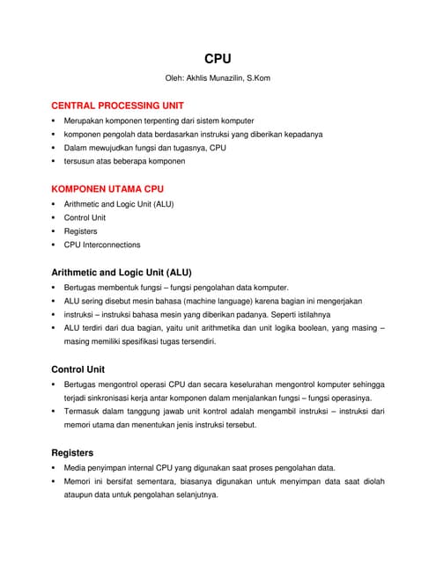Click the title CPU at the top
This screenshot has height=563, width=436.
(218, 59)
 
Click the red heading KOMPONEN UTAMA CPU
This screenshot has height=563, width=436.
(107, 188)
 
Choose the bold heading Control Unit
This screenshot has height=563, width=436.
(78, 369)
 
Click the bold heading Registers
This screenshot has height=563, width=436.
(73, 452)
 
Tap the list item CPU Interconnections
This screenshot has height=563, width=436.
(101, 245)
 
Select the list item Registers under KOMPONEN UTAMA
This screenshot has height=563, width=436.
(80, 231)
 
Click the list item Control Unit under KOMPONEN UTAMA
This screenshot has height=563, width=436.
(85, 217)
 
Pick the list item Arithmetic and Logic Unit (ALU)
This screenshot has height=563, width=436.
(119, 204)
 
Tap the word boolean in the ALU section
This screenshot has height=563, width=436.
(300, 327)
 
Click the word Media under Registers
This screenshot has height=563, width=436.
(76, 467)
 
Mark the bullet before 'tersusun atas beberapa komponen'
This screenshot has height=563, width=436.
(54, 161)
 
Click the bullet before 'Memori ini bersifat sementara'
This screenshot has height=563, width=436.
(54, 481)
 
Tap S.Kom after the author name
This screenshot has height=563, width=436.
(257, 78)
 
